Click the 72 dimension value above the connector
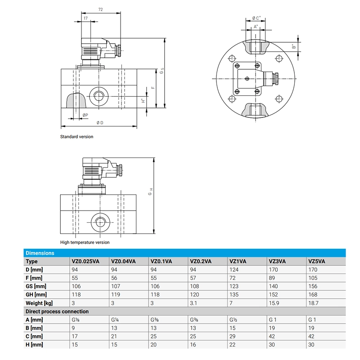pos(101,9)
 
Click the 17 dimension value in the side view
pos(85,18)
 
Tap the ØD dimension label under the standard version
pos(100,123)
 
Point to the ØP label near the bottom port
pos(85,116)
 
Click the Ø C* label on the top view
pos(256,18)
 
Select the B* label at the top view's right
pos(293,46)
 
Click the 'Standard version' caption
pos(77,137)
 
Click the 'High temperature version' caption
pos(85,243)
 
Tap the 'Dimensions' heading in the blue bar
pos(40,253)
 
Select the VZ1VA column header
pos(237,261)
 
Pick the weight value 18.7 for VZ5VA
pos(313,303)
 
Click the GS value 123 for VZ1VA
pos(234,286)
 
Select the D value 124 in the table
pos(234,270)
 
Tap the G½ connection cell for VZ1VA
pos(233,320)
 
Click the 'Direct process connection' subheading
pos(57,311)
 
